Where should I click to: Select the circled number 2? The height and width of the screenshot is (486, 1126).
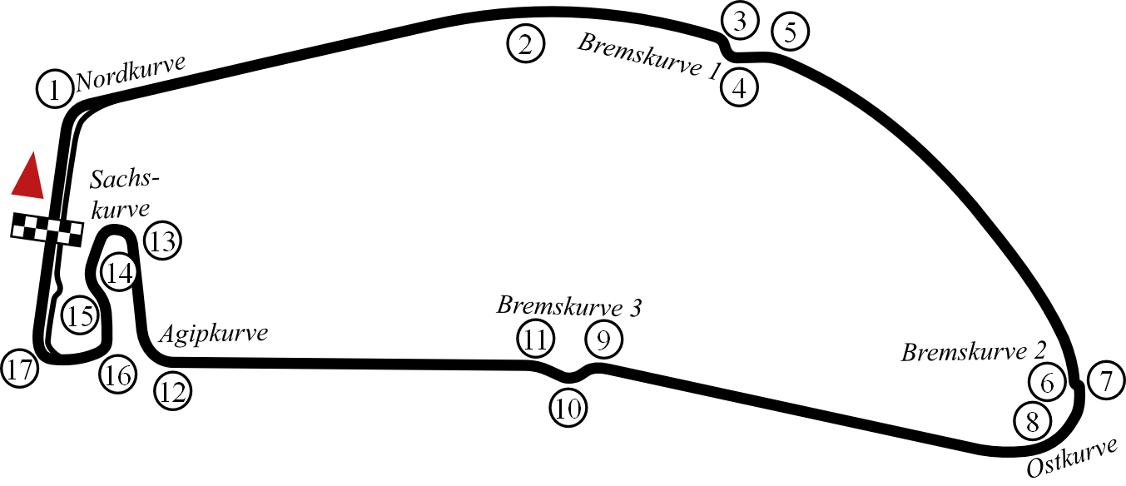525,43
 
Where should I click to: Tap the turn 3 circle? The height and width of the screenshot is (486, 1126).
740,22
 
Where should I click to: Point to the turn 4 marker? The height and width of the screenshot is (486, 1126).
740,87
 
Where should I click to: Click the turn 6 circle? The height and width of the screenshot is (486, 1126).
1047,383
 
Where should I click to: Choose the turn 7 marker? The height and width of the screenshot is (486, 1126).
1106,383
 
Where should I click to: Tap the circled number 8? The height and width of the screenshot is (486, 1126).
1033,422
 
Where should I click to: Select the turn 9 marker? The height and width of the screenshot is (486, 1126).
604,340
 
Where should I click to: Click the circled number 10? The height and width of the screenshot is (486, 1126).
568,409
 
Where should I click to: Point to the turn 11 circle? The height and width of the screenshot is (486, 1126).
535,340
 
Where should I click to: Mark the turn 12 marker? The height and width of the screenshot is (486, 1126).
173,391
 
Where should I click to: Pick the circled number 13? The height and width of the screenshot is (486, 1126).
162,241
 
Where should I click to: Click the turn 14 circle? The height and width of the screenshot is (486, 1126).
119,273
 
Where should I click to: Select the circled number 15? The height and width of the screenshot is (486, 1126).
80,316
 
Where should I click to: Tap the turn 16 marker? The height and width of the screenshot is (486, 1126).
117,375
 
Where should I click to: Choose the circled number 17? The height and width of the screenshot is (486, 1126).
20,369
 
